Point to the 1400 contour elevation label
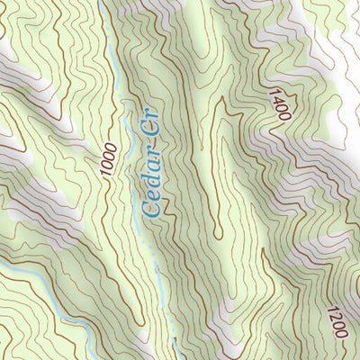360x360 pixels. coord(279,103)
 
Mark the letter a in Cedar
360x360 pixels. coord(151,173)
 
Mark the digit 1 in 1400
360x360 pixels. coord(274,91)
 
